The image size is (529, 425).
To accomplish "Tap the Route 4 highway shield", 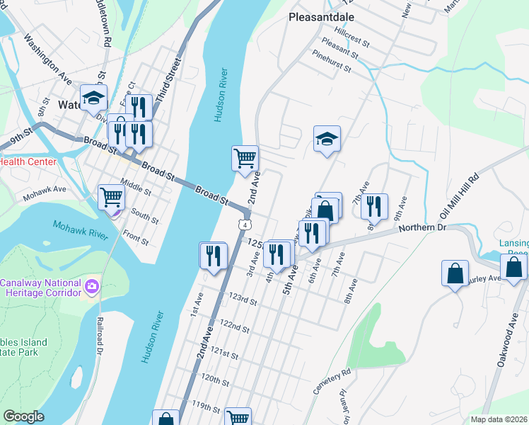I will coord(243,225).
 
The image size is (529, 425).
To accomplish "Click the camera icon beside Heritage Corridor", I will coord(91,287).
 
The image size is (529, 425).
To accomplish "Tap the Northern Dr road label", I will coord(423,228).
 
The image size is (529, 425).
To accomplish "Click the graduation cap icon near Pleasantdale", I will coord(327,139).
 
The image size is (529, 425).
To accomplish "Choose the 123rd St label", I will coord(242,300).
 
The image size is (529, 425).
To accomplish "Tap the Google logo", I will coord(23,416).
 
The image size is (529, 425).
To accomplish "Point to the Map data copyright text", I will coord(499,419).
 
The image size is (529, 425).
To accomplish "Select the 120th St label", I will coord(216,379).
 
